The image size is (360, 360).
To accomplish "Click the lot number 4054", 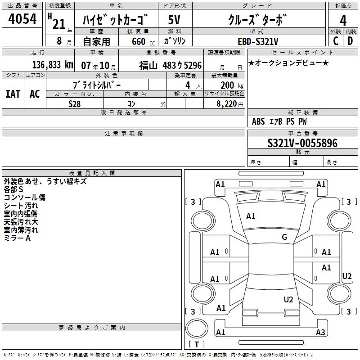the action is pos(22,19).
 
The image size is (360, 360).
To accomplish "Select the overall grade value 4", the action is pos(343,21).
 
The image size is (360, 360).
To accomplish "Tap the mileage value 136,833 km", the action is pos(53,65).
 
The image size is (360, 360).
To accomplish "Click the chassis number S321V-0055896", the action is pos(302,143).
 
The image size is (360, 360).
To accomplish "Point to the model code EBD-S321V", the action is pos(258,41).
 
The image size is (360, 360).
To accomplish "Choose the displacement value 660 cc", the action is pos(143,42).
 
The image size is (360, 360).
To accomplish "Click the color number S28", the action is pos(74,104).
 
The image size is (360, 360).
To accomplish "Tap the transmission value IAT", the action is pos(13,94).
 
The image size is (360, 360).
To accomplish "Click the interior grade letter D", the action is pos(350,41).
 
